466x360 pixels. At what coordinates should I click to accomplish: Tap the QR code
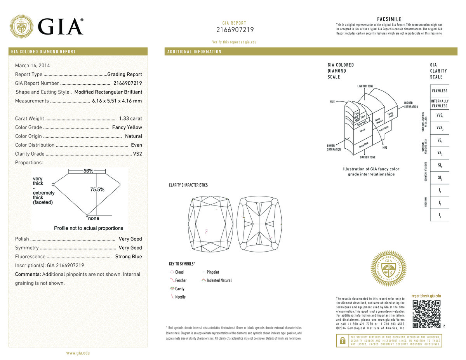tap(426, 314)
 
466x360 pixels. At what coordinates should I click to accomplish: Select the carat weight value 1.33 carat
tap(130, 118)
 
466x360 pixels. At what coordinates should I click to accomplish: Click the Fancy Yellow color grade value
tap(127, 127)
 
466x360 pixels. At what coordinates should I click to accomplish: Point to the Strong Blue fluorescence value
tap(129, 257)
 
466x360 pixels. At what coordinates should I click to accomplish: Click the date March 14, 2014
tap(32, 66)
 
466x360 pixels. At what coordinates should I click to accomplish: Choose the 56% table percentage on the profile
tap(88, 171)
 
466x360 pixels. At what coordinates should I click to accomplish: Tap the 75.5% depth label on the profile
tap(97, 190)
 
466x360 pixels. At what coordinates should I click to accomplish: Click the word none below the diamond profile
tap(93, 219)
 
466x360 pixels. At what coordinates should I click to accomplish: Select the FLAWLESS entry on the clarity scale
tap(440, 91)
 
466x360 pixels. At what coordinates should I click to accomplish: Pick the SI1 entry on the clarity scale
tap(440, 166)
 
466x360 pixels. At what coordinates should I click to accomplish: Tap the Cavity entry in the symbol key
tap(180, 289)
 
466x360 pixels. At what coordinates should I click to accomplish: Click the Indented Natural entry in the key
tap(219, 280)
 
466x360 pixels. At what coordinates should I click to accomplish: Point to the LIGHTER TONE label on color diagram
tap(365, 85)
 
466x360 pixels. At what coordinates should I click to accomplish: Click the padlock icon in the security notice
tap(342, 340)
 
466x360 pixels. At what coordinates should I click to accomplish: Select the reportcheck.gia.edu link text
tap(426, 296)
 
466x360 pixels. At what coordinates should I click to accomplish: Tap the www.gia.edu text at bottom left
tap(78, 353)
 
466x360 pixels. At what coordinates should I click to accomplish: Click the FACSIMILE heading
tap(389, 19)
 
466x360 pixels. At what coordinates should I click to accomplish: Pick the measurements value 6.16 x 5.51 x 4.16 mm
tap(117, 101)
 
